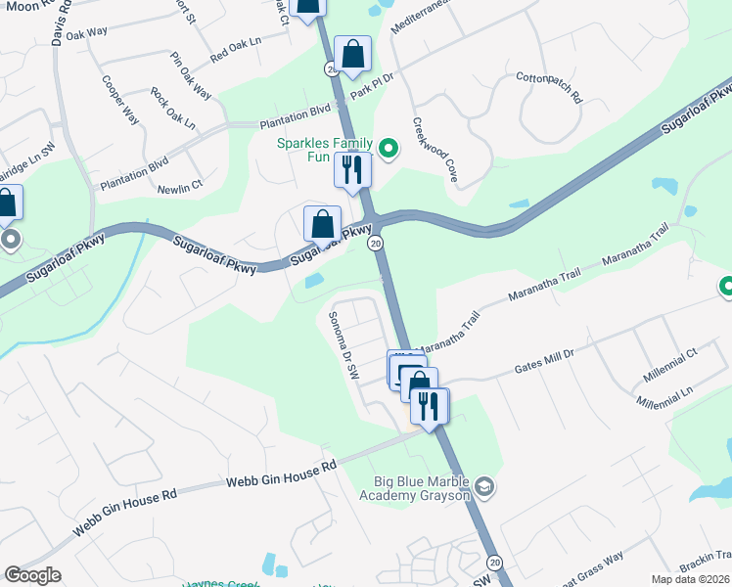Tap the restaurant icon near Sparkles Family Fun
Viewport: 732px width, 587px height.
(352, 169)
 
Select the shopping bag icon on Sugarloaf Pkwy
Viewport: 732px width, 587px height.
(322, 224)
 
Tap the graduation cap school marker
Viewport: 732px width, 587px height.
(483, 486)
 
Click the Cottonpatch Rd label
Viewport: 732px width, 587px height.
(549, 89)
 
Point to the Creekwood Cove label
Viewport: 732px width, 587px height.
(435, 151)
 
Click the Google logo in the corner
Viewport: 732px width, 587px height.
(32, 575)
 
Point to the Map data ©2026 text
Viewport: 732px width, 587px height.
(690, 579)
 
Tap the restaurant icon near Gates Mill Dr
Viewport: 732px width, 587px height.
(429, 405)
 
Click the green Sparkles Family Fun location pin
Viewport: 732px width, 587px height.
(388, 149)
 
